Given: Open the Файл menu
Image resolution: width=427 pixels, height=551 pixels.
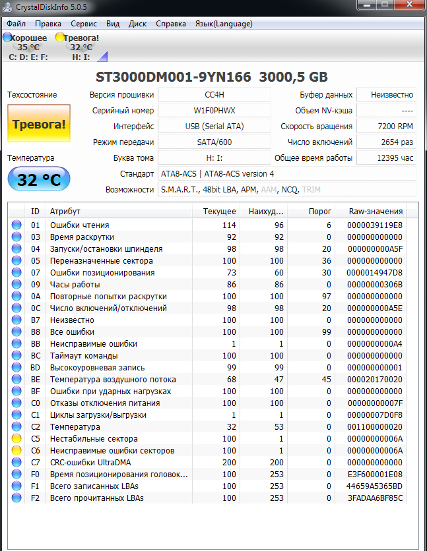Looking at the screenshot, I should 16,24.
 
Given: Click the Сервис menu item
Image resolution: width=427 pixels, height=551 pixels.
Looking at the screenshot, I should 84,24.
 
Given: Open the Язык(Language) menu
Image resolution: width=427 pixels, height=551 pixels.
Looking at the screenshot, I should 223,24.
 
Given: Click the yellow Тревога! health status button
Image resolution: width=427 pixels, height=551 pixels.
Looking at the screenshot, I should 38,123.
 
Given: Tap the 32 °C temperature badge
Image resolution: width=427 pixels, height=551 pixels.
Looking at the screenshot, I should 38,179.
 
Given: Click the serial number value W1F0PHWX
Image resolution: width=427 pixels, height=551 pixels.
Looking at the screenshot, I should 214,111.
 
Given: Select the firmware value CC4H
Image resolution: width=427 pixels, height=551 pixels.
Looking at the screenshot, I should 214,95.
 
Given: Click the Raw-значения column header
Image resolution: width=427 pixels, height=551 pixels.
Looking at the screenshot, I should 376,212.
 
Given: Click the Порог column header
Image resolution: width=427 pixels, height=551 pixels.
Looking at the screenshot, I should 320,212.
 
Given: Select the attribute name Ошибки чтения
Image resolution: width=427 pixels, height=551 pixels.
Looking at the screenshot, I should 80,225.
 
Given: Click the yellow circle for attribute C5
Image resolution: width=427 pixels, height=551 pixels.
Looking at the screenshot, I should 16,439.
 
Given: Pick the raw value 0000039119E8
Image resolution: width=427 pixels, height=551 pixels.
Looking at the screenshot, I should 375,225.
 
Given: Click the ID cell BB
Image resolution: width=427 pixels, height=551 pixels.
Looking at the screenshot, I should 36,344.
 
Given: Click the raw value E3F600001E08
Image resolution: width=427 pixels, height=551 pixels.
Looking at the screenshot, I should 375,475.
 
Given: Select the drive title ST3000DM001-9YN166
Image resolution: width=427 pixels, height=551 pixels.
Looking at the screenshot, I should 174,77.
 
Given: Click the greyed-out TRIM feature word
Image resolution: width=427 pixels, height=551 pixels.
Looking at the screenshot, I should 311,190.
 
